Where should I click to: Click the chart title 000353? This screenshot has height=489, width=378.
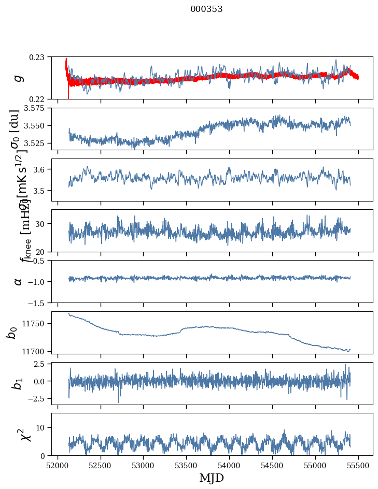[206, 9]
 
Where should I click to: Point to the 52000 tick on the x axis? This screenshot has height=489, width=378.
[58, 465]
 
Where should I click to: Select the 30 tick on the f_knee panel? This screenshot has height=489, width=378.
[44, 224]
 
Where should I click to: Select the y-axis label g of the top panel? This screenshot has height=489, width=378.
[18, 78]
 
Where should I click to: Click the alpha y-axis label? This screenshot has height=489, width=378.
[18, 281]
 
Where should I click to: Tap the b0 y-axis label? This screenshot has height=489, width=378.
[12, 332]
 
